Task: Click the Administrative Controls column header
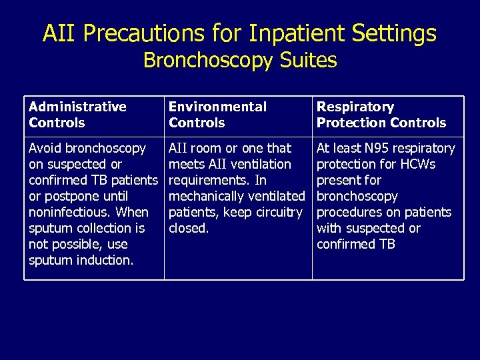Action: (77, 115)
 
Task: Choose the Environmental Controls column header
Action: (217, 115)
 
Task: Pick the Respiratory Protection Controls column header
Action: (381, 115)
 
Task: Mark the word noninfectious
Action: (70, 212)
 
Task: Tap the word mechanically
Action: (205, 196)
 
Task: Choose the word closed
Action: (189, 228)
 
